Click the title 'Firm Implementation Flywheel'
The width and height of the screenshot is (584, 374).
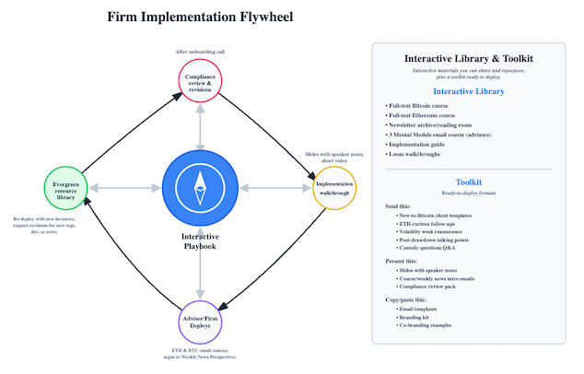pyautogui.click(x=202, y=17)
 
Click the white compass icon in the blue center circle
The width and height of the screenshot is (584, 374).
pyautogui.click(x=200, y=189)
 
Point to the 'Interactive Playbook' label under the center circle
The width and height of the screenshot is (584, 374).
pyautogui.click(x=200, y=241)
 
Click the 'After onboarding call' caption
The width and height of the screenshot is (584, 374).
pyautogui.click(x=200, y=52)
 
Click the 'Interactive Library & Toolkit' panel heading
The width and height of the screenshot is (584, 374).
pyautogui.click(x=468, y=58)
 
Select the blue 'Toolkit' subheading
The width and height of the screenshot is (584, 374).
pyautogui.click(x=468, y=182)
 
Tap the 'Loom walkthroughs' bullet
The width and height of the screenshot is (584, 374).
pyautogui.click(x=416, y=156)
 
